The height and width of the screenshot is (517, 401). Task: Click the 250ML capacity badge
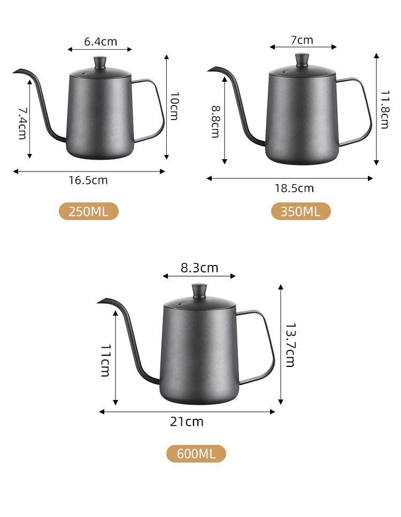coord(88,211)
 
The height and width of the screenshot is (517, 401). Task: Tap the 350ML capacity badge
coord(300,211)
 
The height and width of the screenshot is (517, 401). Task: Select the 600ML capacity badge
coord(196,453)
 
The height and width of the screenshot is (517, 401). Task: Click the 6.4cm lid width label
coord(101,42)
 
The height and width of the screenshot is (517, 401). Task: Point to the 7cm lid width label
coord(302,40)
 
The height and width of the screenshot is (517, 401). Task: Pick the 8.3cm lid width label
coord(199,268)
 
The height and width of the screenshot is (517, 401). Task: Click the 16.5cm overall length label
coord(88,181)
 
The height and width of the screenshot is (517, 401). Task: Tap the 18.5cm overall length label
coord(294,189)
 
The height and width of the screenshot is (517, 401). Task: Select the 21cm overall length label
coord(187,422)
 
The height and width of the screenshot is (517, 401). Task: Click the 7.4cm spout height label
coord(22,123)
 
